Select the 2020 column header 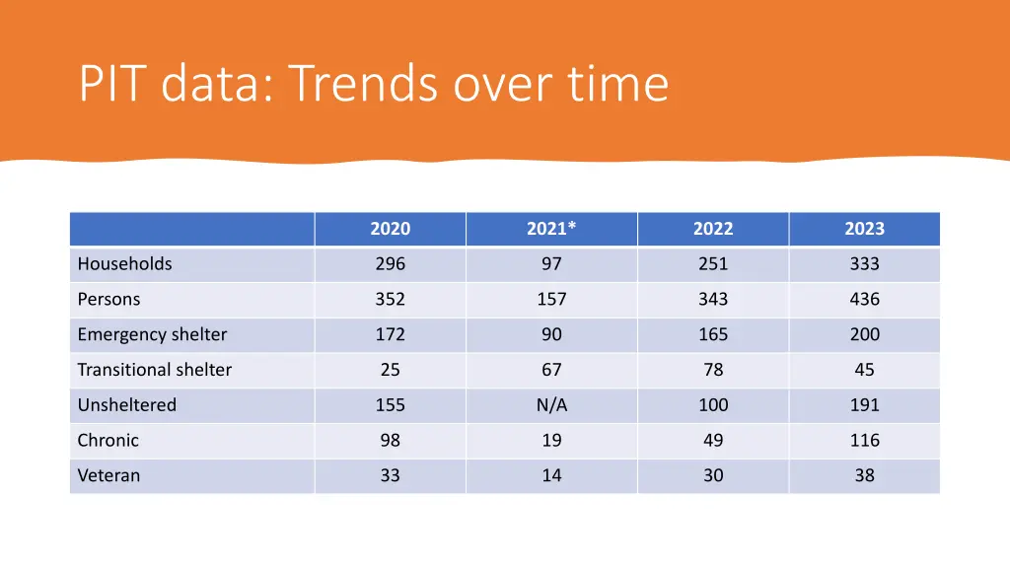(390, 229)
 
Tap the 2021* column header (551, 229)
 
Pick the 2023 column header (864, 229)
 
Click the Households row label (124, 264)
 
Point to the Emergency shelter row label (152, 335)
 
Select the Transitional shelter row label (155, 370)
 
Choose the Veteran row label (108, 475)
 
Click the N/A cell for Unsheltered (551, 405)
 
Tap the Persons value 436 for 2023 (864, 300)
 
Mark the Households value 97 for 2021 (551, 264)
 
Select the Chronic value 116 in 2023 (864, 441)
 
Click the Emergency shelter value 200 (864, 335)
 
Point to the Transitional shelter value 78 (713, 370)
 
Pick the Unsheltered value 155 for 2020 (390, 405)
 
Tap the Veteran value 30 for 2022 (713, 475)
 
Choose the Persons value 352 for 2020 (390, 300)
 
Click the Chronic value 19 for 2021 (551, 441)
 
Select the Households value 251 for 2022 (713, 264)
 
